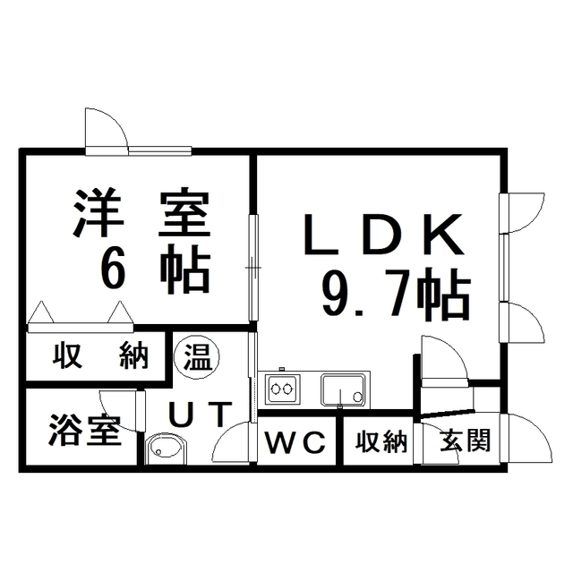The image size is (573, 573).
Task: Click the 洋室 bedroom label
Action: coord(141,213)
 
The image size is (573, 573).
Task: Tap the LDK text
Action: coord(384,235)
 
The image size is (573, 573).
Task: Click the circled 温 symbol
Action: coord(197,356)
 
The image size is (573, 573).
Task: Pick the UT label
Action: coord(201,415)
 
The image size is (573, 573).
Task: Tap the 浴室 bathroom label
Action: coord(85,430)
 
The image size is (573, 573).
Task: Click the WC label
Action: coord(295,442)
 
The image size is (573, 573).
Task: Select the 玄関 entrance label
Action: coord(466,440)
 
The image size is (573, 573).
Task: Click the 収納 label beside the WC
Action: coord(381,441)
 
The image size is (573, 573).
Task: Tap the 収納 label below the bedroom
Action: coord(100,355)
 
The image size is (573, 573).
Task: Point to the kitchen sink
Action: coord(343,389)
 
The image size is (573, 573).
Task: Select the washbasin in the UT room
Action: coord(167,449)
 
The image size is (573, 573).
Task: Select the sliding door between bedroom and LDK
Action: coord(253,268)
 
